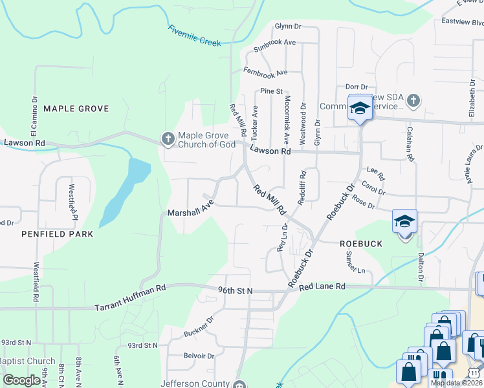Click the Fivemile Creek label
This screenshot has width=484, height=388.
(x=194, y=36)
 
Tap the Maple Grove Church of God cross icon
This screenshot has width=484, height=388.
(x=168, y=138)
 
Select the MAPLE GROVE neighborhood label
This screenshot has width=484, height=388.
(x=76, y=109)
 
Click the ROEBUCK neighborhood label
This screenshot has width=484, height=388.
(x=361, y=244)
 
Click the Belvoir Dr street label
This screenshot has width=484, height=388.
(x=199, y=356)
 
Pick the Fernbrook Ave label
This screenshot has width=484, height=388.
(x=265, y=71)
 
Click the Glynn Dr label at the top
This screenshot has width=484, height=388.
(x=289, y=27)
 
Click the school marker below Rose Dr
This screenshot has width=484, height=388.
(x=404, y=222)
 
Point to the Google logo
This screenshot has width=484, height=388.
(x=22, y=381)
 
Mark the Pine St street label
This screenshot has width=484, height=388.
(x=272, y=91)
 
